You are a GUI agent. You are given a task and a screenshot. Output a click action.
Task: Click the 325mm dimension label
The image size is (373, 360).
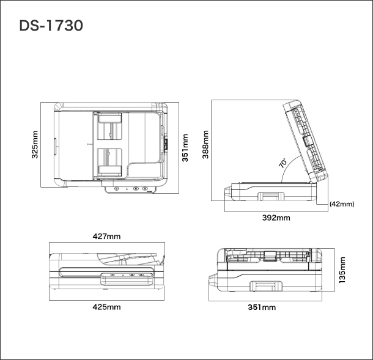pos(35,144)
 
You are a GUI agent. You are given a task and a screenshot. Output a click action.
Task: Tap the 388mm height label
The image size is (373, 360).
pos(205,144)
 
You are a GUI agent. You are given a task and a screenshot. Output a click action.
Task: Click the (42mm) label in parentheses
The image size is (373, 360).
pos(342,204)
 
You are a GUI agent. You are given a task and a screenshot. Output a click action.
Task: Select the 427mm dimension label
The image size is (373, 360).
pos(106,235)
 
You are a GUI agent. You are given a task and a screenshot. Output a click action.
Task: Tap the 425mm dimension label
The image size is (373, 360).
pos(106,307)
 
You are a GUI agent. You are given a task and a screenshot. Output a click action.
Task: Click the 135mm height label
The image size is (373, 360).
pos(342,270)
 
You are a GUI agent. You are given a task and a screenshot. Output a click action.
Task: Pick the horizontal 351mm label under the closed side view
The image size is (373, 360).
pos(261,307)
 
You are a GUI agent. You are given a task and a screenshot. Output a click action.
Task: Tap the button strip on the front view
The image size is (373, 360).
pos(126,277)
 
